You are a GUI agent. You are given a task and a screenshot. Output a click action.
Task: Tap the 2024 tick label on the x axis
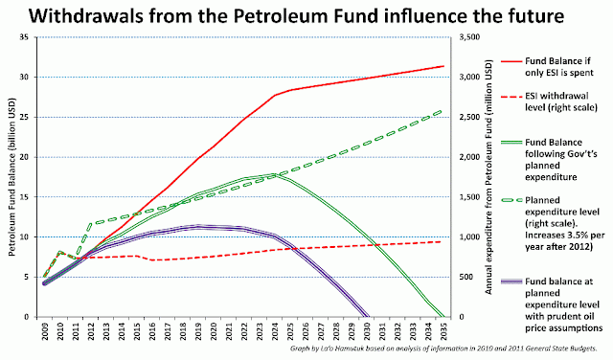275,331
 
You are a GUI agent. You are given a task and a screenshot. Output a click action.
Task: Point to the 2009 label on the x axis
45,331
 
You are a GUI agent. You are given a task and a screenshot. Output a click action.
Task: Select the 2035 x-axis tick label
443,331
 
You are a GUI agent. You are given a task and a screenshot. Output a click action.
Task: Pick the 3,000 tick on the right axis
469,77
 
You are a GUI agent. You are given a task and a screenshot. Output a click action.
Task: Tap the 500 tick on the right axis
465,277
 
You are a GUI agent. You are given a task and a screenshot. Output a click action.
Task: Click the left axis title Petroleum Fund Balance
11,177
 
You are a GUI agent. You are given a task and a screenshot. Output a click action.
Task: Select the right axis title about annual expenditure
488,177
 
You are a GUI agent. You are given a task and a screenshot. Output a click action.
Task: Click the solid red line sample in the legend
511,61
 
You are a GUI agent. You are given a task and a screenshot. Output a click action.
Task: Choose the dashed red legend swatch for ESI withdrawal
511,96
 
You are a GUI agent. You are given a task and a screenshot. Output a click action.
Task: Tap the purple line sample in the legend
511,281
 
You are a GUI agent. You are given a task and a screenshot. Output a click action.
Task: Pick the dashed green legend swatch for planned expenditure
511,200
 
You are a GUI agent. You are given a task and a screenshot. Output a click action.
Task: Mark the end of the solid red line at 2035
443,66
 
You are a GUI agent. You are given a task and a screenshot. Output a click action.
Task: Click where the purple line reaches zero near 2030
367,316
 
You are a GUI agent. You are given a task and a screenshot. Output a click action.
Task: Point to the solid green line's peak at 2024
275,174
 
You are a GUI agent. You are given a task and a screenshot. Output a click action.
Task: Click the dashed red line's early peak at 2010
60,252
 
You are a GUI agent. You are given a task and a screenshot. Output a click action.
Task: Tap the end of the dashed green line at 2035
441,112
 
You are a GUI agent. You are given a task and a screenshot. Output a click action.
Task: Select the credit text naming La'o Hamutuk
443,349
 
